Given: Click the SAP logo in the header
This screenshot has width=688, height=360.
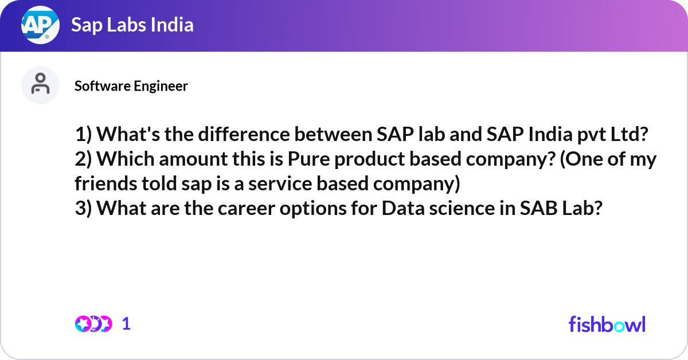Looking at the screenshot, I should tap(40, 25).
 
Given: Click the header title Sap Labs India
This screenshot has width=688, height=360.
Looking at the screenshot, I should tap(132, 25).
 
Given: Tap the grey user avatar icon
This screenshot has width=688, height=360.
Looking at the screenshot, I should tap(40, 85).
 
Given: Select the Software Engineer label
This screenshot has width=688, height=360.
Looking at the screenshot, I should tap(131, 86).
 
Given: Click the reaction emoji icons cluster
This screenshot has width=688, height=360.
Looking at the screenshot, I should tap(93, 324).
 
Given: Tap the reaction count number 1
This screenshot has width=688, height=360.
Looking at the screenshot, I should tap(126, 324).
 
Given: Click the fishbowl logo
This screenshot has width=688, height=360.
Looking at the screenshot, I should tap(607, 324).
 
